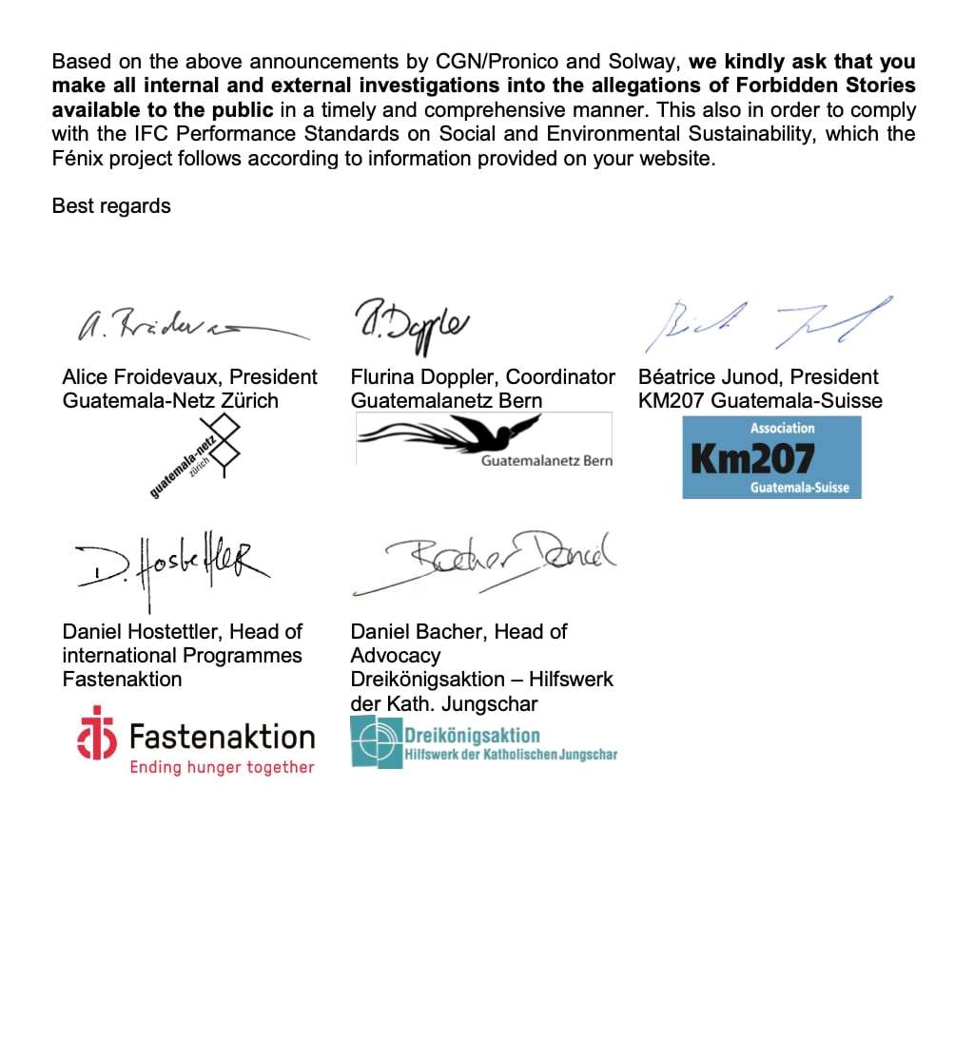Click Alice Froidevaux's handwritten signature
click(x=190, y=327)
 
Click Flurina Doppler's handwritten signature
click(x=412, y=320)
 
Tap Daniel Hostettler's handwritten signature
click(x=167, y=566)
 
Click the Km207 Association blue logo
click(x=771, y=457)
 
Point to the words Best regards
click(x=111, y=205)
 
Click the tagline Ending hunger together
click(x=222, y=767)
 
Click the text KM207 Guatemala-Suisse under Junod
click(x=760, y=400)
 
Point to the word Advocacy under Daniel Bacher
click(x=396, y=655)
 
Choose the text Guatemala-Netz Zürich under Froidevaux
click(x=170, y=400)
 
